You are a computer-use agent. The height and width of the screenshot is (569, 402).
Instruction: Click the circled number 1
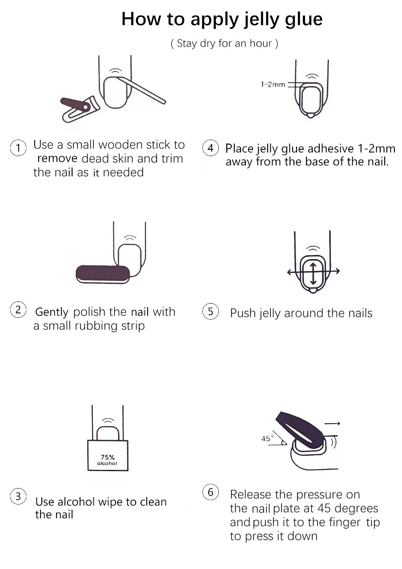click(x=18, y=148)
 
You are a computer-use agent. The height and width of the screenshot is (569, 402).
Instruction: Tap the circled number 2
click(x=18, y=310)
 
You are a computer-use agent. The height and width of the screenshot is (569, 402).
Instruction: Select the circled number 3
click(x=18, y=496)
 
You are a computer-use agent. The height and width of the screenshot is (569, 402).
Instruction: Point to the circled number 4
click(x=210, y=148)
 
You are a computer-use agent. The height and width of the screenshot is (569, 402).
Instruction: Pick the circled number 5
click(x=210, y=311)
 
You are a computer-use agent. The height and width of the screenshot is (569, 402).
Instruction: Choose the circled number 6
click(x=210, y=492)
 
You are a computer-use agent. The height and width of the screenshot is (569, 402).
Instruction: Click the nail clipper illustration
click(x=80, y=109)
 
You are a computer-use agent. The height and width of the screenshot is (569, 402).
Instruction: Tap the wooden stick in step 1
click(x=141, y=90)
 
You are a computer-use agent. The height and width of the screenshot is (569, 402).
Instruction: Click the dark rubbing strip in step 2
click(x=103, y=274)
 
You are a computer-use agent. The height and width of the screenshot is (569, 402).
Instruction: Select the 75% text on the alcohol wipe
click(x=108, y=457)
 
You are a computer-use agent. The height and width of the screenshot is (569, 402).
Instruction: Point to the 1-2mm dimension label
click(x=273, y=84)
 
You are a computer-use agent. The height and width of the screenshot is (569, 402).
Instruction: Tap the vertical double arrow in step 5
click(x=313, y=273)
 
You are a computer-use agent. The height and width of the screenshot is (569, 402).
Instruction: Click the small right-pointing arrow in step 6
click(x=332, y=423)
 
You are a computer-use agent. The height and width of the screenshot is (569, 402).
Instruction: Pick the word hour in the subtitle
click(x=261, y=43)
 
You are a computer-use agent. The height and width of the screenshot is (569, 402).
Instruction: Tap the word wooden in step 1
click(x=120, y=144)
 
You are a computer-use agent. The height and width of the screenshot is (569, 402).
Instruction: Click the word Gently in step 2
click(x=52, y=312)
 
